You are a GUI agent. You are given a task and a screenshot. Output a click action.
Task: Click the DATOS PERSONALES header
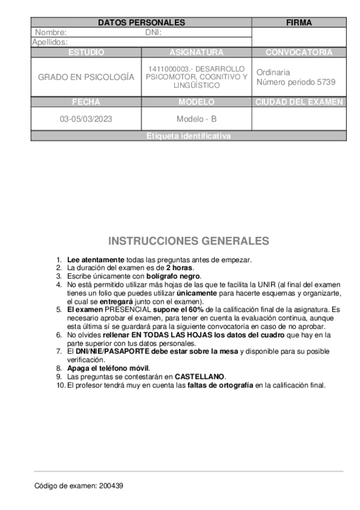(x=141, y=23)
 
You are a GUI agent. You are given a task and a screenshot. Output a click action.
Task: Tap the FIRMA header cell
(x=299, y=23)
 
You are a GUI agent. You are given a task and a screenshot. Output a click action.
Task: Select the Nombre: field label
(x=51, y=32)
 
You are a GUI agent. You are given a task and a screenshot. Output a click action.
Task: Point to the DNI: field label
(x=154, y=32)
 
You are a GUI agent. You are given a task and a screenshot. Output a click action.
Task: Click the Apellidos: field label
(x=50, y=42)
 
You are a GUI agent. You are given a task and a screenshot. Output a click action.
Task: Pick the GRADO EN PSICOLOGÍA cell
(x=86, y=78)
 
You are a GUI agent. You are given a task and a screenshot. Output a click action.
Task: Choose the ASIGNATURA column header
(x=197, y=52)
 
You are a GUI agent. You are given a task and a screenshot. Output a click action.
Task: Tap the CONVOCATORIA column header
(x=299, y=52)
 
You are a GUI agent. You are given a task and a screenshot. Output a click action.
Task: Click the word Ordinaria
(x=273, y=72)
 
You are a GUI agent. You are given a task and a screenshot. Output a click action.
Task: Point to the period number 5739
(x=325, y=82)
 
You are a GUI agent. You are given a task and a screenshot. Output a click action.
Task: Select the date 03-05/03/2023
(x=86, y=119)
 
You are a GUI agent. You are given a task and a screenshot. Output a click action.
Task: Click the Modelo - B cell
(x=197, y=119)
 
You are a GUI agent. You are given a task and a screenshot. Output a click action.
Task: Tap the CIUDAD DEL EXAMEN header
(x=299, y=102)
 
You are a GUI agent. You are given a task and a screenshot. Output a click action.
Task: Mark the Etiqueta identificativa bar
(x=188, y=136)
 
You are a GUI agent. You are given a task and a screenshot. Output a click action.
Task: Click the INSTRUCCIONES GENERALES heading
(x=188, y=241)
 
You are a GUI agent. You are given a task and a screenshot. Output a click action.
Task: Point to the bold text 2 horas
(x=180, y=268)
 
